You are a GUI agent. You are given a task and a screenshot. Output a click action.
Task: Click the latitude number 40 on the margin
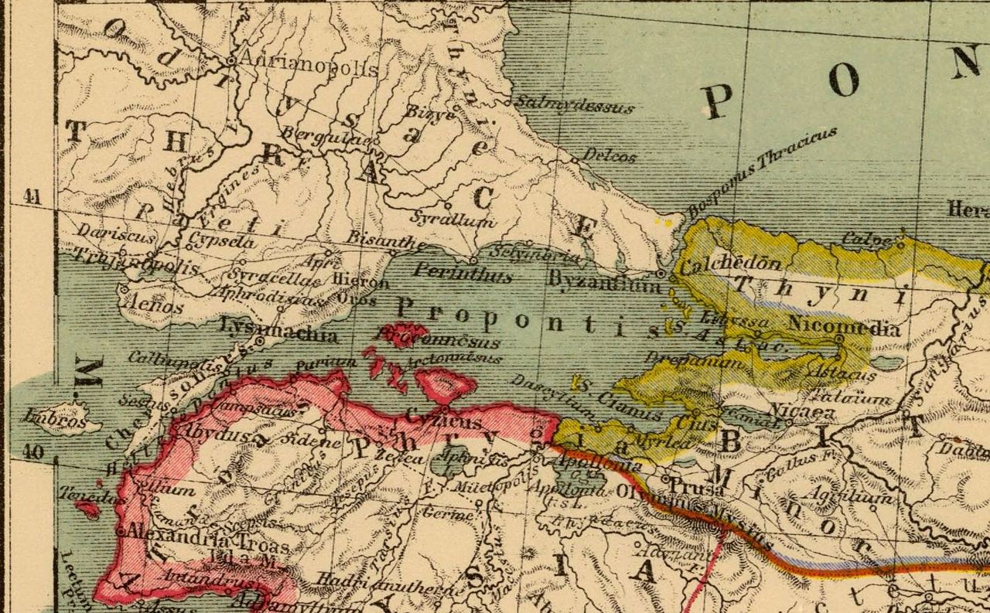coord(32,452)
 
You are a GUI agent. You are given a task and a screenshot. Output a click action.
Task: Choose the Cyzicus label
coord(450,422)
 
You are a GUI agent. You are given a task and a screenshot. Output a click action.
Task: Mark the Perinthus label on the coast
coord(452,272)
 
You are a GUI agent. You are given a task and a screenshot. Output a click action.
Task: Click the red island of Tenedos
coord(87,509)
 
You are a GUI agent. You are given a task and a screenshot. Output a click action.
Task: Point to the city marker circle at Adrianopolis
coord(231,60)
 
